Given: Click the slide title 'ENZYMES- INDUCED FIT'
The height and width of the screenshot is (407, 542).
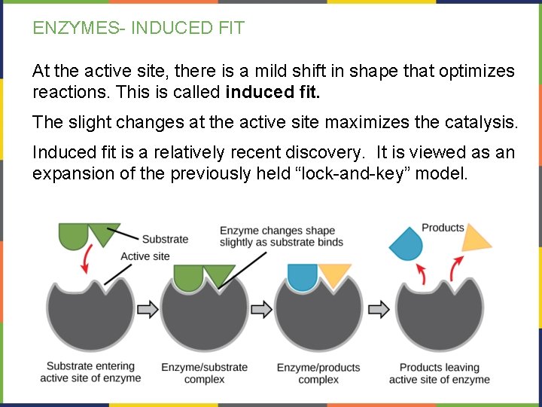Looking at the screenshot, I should (x=139, y=29).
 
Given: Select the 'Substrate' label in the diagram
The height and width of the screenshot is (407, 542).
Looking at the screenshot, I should (x=165, y=239).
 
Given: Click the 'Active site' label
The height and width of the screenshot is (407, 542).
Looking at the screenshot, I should (x=145, y=256).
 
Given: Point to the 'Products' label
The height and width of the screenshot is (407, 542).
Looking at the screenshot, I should (x=443, y=228).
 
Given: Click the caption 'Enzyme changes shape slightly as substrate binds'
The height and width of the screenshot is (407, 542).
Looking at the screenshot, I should (x=281, y=236).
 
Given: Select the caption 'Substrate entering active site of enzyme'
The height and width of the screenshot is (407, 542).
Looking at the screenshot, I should (x=90, y=372).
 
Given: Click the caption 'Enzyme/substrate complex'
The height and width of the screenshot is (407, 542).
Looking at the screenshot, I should (x=204, y=373).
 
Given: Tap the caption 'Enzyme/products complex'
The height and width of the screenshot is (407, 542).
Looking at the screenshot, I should (x=318, y=373).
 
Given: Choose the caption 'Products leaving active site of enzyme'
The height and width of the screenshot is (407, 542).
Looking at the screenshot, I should (x=439, y=373).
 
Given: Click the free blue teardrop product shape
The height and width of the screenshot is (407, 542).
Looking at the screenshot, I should (x=407, y=244).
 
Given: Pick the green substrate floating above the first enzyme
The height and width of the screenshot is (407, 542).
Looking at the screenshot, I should (x=87, y=234).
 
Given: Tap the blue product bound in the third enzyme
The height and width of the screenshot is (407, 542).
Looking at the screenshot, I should (x=303, y=276).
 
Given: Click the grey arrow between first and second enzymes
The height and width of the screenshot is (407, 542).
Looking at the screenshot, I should (x=148, y=309).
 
